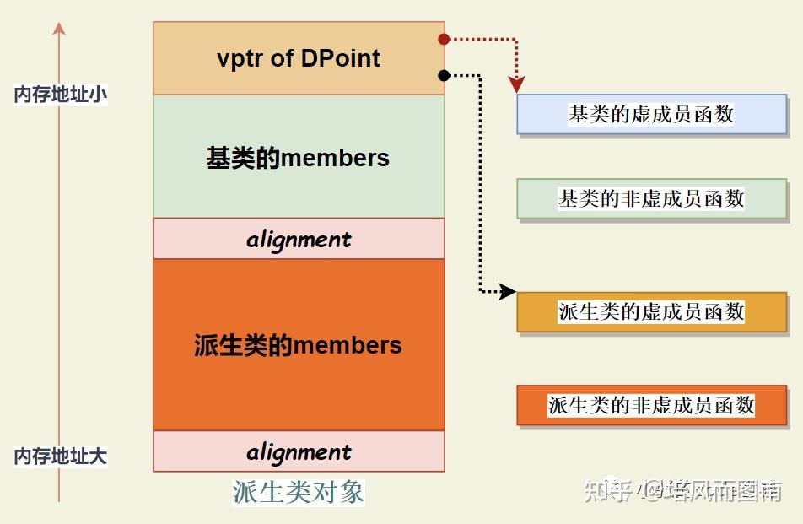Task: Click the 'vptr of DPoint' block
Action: point(299,58)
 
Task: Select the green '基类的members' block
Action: point(299,157)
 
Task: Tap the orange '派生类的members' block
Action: point(299,344)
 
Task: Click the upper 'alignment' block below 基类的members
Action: point(299,239)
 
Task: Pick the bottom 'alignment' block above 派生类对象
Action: point(299,451)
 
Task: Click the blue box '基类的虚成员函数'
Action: point(651,115)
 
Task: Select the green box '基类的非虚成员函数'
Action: point(651,199)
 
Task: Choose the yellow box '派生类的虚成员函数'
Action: point(651,311)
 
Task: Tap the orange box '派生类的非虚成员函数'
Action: point(651,405)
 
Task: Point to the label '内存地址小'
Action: point(60,95)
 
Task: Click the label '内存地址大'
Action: point(60,456)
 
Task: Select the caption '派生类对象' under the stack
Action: point(299,492)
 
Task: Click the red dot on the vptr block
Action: point(444,39)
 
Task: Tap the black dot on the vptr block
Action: point(444,76)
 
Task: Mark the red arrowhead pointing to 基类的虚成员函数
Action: point(516,84)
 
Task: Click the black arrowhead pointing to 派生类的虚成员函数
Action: point(508,292)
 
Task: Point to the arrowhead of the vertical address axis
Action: point(58,29)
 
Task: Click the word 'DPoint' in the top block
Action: point(341,58)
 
